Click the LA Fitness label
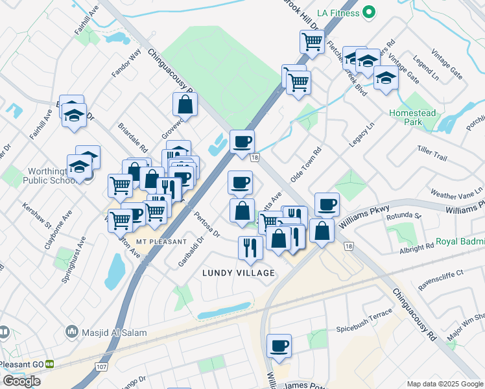tap(337, 12)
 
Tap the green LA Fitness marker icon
tap(369, 12)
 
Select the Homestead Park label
tap(410, 117)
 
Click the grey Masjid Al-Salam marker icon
tap(71, 333)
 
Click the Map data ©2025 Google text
tap(444, 383)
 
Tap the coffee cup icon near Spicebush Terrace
tap(279, 346)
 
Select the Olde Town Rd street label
tap(306, 166)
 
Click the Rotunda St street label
tap(406, 216)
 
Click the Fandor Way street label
tap(126, 64)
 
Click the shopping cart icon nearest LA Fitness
tap(312, 41)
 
